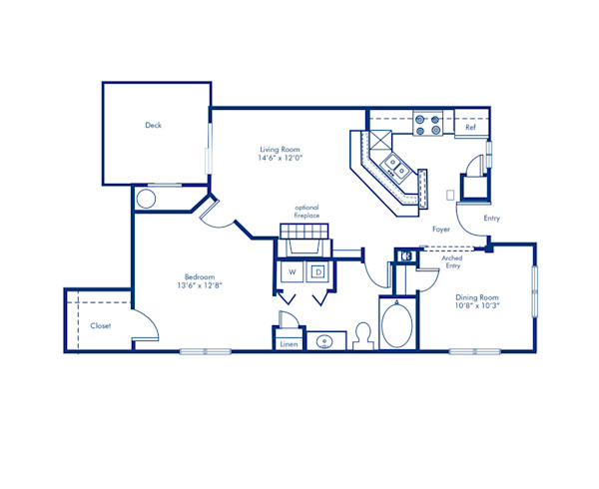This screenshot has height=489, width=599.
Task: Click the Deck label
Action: pyautogui.click(x=153, y=126)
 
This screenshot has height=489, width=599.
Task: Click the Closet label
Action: pyautogui.click(x=100, y=325)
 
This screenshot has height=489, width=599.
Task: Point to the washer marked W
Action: pyautogui.click(x=294, y=270)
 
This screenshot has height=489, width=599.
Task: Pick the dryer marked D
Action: pyautogui.click(x=319, y=270)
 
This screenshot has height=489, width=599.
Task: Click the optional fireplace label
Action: pyautogui.click(x=305, y=212)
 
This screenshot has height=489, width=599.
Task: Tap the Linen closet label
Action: pyautogui.click(x=289, y=343)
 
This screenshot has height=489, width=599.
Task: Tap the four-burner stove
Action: pyautogui.click(x=428, y=123)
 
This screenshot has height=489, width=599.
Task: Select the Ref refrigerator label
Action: pyautogui.click(x=470, y=128)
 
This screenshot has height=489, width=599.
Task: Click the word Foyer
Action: pyautogui.click(x=440, y=229)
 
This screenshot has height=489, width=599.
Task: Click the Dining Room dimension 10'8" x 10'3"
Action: pyautogui.click(x=477, y=305)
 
